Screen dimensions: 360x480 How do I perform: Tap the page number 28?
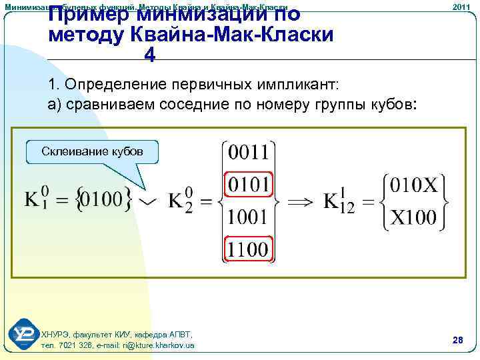pyautogui.click(x=457, y=340)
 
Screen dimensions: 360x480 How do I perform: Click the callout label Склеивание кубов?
pyautogui.click(x=92, y=151)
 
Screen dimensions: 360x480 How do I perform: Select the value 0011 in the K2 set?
pyautogui.click(x=248, y=153)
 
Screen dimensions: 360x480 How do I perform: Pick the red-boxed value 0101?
pyautogui.click(x=248, y=184)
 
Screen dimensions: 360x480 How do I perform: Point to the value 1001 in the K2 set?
pyautogui.click(x=248, y=217)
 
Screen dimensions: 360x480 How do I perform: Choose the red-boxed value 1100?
pyautogui.click(x=248, y=249)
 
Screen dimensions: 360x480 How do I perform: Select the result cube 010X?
pyautogui.click(x=413, y=185)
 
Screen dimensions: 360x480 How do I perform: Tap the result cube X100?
pyautogui.click(x=413, y=216)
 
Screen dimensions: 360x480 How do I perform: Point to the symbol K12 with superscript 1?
pyautogui.click(x=339, y=201)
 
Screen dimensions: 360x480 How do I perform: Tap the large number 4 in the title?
pyautogui.click(x=150, y=57)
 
